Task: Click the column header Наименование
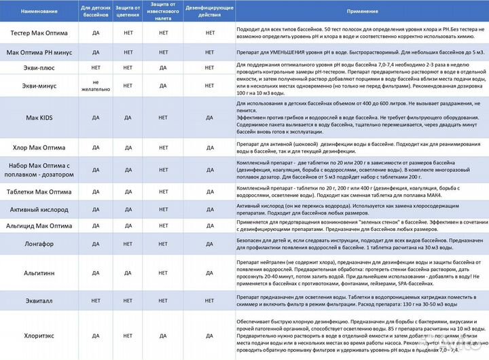click(x=39, y=12)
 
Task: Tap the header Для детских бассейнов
click(x=96, y=12)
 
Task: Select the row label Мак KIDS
click(x=39, y=118)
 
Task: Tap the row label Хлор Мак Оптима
click(x=39, y=147)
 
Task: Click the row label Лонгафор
click(x=39, y=244)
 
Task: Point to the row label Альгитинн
click(x=39, y=272)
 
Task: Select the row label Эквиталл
click(x=39, y=300)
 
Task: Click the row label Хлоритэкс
click(x=39, y=335)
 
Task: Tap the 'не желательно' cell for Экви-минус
click(x=96, y=86)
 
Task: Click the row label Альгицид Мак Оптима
click(x=39, y=226)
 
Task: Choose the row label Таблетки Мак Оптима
click(x=39, y=192)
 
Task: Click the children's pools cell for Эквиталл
click(x=96, y=300)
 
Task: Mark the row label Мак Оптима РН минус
click(x=39, y=52)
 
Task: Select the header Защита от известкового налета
click(x=163, y=12)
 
